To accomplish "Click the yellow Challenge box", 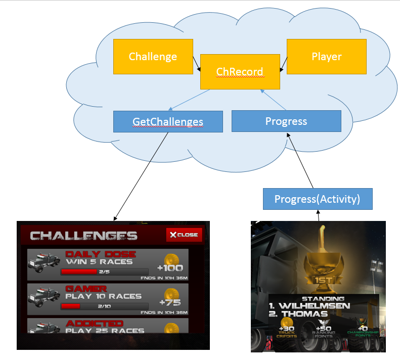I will click(153, 57).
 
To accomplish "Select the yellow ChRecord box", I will click(240, 72).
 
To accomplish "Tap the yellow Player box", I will click(326, 57).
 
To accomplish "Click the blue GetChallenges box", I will click(168, 121).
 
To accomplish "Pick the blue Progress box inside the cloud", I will click(286, 121).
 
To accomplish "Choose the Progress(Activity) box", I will click(317, 199).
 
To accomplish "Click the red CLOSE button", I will click(185, 235).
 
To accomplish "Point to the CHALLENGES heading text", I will click(83, 236).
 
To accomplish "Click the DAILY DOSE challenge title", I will click(101, 254).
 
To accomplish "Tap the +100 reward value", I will click(170, 268).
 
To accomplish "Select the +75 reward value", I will click(170, 302).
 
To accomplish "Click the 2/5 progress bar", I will click(104, 272).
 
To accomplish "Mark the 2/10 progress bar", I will click(104, 306).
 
